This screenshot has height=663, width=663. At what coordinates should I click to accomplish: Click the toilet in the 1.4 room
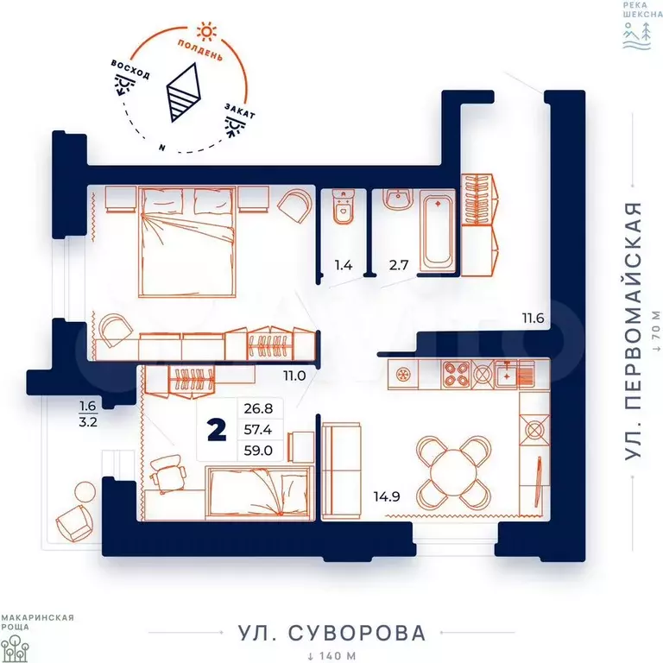(x=343, y=206)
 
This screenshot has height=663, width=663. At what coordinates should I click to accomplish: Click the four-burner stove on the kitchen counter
(x=456, y=374)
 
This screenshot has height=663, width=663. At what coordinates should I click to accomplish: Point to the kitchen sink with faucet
(x=506, y=374)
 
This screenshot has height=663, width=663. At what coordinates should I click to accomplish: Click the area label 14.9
(x=387, y=496)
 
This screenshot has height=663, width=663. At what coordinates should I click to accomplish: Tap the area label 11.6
(x=533, y=318)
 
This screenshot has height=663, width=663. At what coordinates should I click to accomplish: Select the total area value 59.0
(x=258, y=451)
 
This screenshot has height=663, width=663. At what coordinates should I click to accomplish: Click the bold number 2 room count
(x=217, y=430)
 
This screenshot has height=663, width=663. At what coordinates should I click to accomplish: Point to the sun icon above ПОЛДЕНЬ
(x=207, y=31)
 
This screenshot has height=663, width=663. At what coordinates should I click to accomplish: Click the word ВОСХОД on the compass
(x=130, y=69)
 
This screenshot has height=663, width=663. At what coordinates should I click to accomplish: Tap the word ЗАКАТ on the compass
(x=240, y=110)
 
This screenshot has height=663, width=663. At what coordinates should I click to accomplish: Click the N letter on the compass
(x=162, y=148)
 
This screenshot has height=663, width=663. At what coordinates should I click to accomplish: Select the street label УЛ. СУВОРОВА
(x=331, y=633)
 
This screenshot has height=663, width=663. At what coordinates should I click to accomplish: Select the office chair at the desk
(x=167, y=473)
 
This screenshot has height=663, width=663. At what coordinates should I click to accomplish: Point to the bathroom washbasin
(x=398, y=198)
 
